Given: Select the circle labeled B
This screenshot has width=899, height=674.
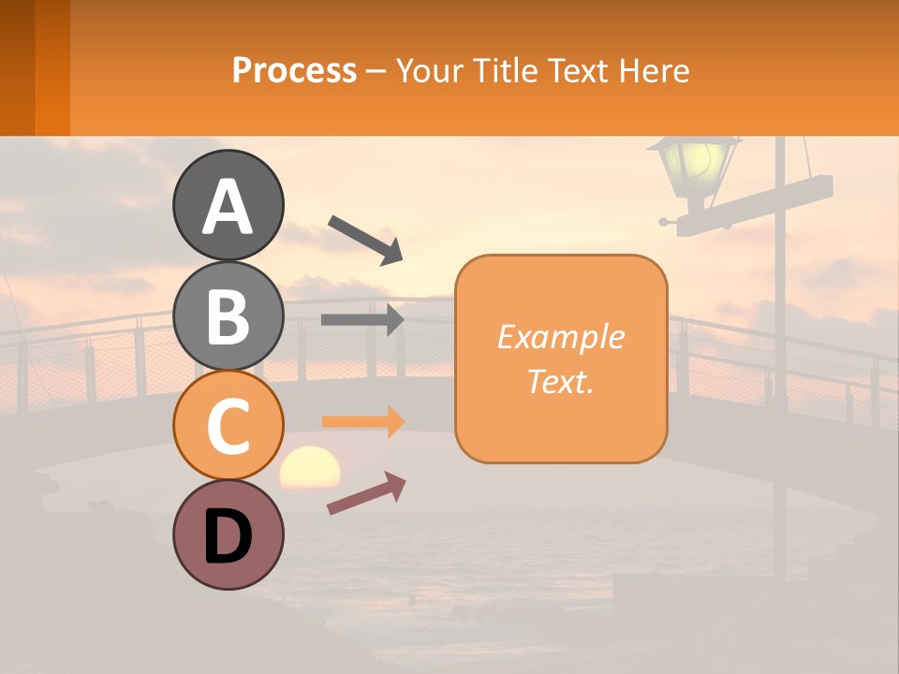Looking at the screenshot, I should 228,315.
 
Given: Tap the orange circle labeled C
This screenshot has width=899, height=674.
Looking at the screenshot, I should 228,425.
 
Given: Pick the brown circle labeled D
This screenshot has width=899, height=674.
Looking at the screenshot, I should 228,535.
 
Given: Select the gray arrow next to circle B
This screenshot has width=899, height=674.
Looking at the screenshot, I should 362,319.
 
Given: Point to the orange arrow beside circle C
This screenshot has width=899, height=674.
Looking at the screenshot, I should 362,422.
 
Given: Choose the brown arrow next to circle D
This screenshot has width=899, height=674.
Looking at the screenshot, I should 366,493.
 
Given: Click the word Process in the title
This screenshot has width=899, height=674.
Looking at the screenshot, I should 294,70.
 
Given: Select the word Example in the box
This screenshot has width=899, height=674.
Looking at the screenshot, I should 560,337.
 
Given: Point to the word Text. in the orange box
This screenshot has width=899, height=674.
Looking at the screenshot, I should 560,381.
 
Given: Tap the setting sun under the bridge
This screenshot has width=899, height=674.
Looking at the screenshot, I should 310,467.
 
